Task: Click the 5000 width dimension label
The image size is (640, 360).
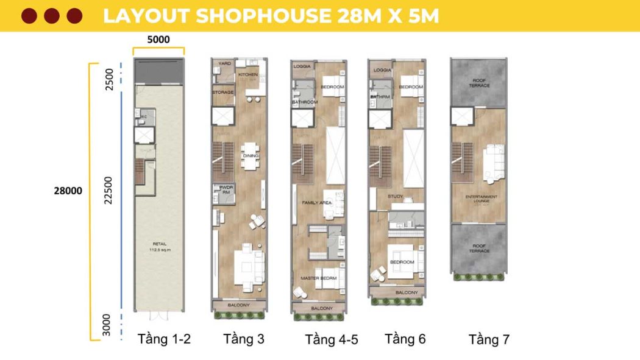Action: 158,40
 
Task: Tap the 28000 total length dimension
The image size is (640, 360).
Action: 67,191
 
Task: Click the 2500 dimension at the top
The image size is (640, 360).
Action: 110,80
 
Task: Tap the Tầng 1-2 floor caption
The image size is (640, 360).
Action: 164,339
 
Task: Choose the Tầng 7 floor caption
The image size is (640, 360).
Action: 489,340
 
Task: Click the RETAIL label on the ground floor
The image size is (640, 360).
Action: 159,245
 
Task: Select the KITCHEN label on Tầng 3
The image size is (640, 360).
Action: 248,75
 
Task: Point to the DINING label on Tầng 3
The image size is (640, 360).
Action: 251,156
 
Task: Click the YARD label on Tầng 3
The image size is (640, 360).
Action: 225,63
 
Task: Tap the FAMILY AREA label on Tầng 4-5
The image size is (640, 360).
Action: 316,202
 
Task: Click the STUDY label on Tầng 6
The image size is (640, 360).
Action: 396,196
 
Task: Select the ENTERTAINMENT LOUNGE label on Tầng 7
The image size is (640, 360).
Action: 482,199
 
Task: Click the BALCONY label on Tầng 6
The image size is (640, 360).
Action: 407,293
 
